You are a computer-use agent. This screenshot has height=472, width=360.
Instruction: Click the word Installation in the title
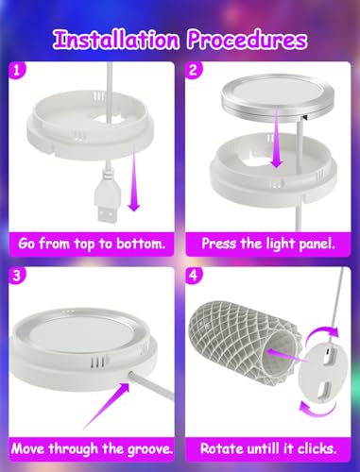tap(116, 40)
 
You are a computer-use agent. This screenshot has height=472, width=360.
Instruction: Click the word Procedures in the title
tap(247, 40)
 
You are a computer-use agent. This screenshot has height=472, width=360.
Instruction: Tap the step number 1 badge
tap(16, 70)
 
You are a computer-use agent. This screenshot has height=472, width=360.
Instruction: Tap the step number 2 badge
tap(193, 70)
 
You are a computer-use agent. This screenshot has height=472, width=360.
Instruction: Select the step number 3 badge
tap(16, 276)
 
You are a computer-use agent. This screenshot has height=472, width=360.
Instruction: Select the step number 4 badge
tap(193, 276)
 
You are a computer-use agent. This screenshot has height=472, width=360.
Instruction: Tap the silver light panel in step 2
tap(277, 96)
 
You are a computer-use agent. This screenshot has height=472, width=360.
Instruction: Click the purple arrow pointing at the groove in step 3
tap(107, 405)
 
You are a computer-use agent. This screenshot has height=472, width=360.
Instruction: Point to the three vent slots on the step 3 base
tap(97, 362)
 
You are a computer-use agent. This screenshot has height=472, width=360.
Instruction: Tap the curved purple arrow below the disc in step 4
tap(317, 410)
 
